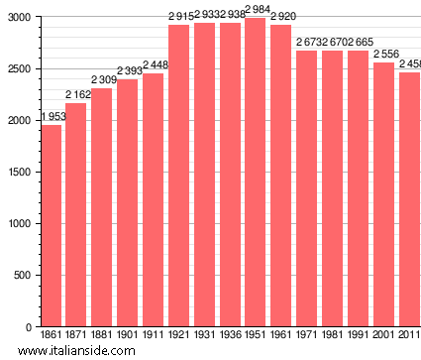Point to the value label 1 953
tap(53, 117)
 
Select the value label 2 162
tap(78, 95)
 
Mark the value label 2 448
tap(156, 65)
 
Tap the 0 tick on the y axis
tap(27, 327)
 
